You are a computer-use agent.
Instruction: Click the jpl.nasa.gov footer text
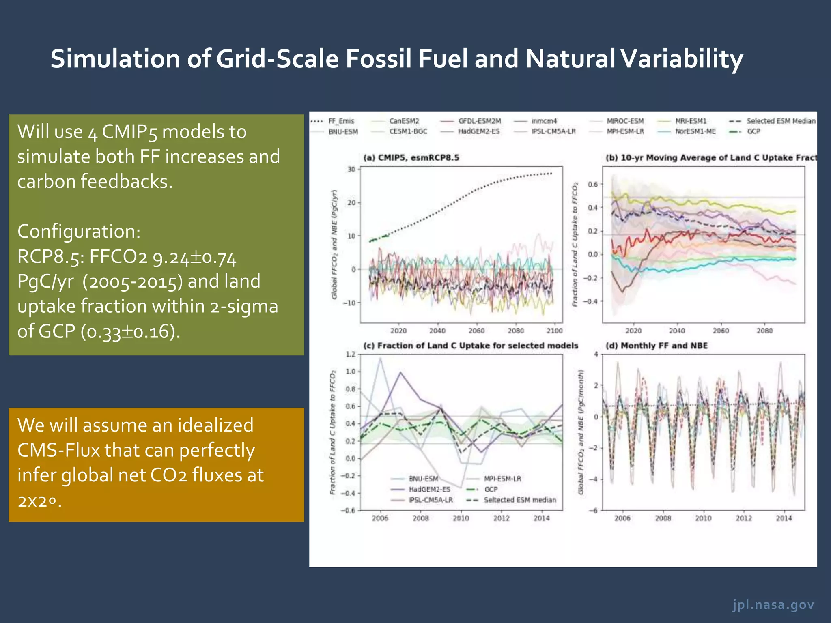(773, 605)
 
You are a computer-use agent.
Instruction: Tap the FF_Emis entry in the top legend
(341, 121)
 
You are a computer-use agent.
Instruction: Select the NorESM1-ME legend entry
(695, 131)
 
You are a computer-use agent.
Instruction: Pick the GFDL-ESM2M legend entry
(480, 121)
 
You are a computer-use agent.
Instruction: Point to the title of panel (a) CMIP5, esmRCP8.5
(411, 157)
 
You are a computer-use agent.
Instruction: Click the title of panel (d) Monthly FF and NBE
(656, 346)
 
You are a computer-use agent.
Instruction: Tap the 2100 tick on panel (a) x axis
(554, 331)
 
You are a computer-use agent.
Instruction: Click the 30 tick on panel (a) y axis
(351, 169)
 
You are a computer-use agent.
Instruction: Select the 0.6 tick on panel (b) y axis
(593, 184)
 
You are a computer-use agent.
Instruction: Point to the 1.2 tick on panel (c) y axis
(350, 354)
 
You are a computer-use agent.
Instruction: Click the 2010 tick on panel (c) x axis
(461, 518)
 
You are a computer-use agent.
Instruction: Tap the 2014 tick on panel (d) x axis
(784, 518)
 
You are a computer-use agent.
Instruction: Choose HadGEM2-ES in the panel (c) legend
(429, 489)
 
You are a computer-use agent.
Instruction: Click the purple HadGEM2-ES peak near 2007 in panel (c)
(401, 372)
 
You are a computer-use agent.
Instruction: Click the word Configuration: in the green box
(79, 231)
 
